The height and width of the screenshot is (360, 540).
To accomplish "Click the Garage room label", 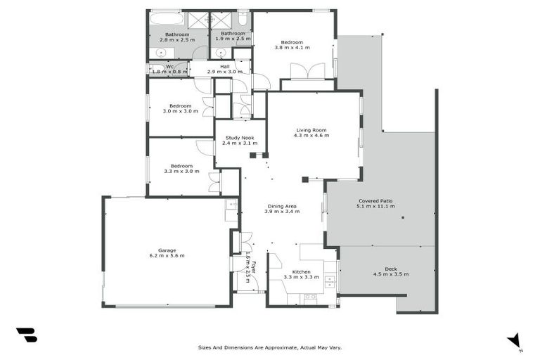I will [167, 250].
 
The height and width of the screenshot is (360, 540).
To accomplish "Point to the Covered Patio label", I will [376, 200].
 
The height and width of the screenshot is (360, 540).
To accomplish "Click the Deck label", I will [391, 269].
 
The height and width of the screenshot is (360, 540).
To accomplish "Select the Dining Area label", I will [281, 206].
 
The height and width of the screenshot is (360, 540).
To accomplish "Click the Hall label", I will [224, 67].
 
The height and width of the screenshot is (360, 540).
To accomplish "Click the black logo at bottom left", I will [26, 335].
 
